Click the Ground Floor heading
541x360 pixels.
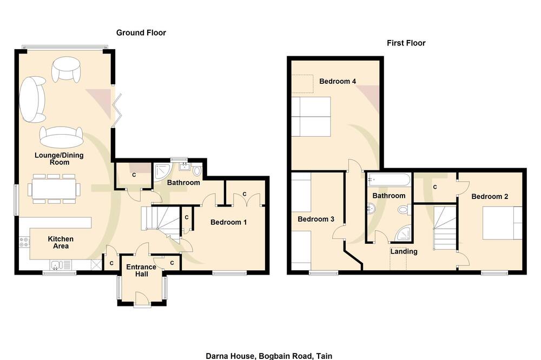click(x=141, y=33)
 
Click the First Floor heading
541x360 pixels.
click(x=406, y=43)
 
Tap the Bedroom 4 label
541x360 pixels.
click(x=338, y=82)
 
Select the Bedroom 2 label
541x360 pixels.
click(x=490, y=197)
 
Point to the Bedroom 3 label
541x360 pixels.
click(x=316, y=219)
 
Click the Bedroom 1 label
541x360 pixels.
click(x=228, y=222)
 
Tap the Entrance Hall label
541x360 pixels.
click(x=141, y=270)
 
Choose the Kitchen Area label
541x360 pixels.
click(x=61, y=242)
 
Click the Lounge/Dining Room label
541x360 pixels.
click(x=59, y=158)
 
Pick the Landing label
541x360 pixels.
click(x=404, y=251)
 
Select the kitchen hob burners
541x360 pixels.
click(x=24, y=242)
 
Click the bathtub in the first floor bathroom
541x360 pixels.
click(x=389, y=179)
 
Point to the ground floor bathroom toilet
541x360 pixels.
click(x=197, y=170)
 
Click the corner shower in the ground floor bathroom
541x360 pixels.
click(x=162, y=172)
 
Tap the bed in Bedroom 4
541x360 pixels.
click(x=311, y=117)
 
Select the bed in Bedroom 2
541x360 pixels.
click(x=502, y=223)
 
